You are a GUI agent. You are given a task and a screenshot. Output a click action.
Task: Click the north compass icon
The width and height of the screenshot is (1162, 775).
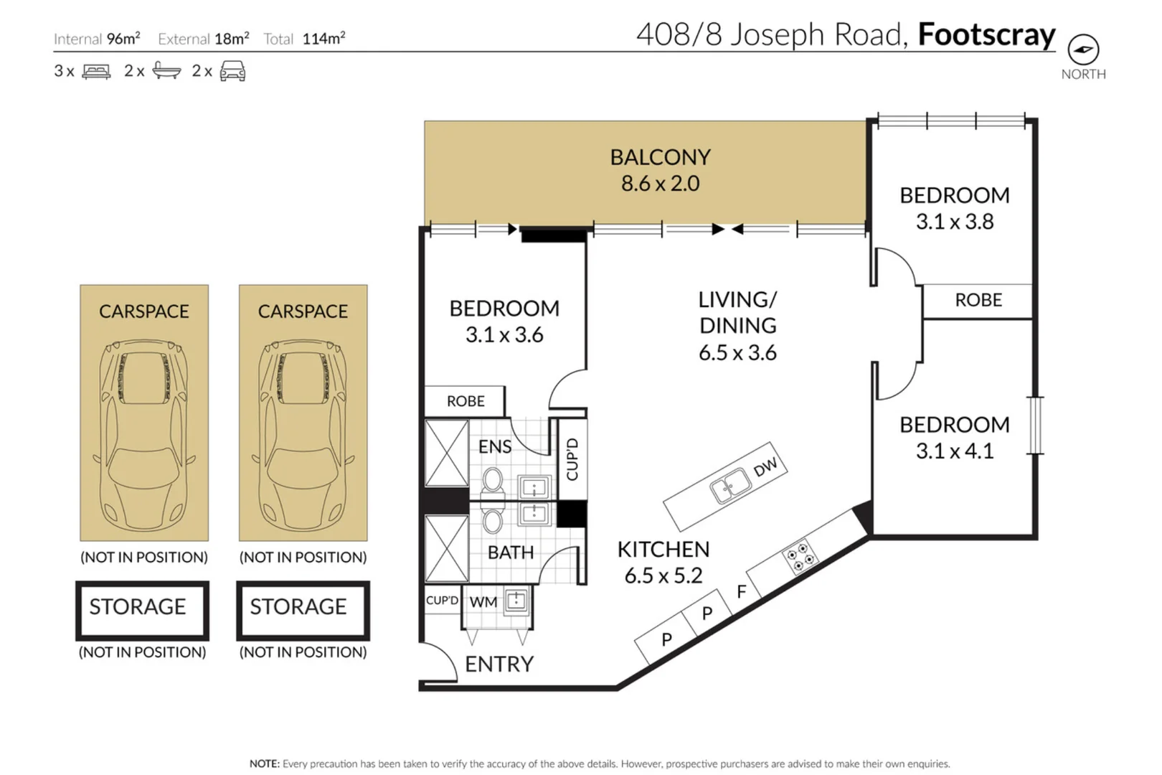pos(1083,50)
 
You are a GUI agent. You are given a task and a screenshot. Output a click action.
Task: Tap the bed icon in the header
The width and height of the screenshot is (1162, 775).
pos(97,71)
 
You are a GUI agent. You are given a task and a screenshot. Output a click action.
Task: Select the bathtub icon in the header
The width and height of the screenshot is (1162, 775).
pos(166,70)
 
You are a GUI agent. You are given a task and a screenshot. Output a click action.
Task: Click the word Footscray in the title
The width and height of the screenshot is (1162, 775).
pos(987,35)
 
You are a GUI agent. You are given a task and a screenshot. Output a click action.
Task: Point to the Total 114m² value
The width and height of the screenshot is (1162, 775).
pos(323,39)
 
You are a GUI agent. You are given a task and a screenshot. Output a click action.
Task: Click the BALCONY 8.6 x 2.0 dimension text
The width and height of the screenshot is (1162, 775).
pos(661,184)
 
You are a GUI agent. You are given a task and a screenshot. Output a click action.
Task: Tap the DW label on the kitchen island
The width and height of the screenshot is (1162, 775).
pos(765,466)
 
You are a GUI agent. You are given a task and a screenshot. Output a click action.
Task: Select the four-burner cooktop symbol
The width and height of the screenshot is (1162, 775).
pos(799,557)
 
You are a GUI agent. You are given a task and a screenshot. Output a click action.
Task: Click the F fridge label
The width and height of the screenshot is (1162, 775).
pos(742,591)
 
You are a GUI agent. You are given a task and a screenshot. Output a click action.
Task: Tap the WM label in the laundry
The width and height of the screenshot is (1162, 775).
pos(483,602)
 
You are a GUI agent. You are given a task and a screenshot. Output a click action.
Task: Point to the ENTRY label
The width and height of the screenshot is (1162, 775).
pos(499,664)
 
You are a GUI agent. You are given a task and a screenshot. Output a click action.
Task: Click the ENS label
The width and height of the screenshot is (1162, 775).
pos(495,447)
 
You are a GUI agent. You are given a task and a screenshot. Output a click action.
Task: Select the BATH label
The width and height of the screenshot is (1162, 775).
pos(511,553)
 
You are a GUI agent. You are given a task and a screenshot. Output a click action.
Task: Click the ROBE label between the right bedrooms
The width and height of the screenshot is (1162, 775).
pos(978,300)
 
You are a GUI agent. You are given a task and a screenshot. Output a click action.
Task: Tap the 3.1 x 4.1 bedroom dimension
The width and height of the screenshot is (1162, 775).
pos(955,451)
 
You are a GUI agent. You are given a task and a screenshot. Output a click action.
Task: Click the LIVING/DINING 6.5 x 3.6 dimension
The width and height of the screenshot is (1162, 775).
pos(737,353)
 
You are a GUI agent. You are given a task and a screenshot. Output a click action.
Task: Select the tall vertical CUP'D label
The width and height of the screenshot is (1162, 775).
pos(572,459)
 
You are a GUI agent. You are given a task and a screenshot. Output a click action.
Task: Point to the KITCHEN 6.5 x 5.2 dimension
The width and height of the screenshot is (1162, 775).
pos(663,576)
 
